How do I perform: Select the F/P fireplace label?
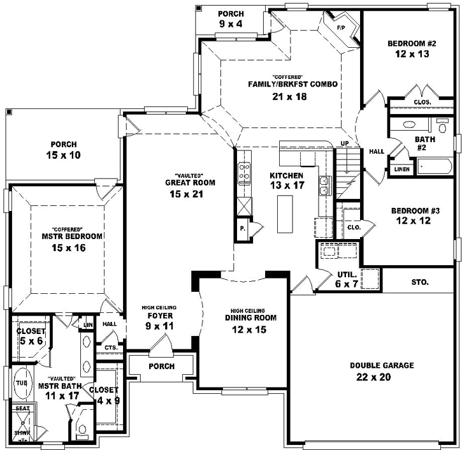[x=340, y=28]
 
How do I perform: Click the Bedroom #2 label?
[x=411, y=44]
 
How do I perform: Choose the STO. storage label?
[x=420, y=281]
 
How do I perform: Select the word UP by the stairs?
[x=345, y=143]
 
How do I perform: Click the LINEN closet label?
[x=401, y=169]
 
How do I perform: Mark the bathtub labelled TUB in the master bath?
[x=20, y=382]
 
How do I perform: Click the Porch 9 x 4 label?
[x=230, y=18]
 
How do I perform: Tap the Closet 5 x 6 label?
[x=31, y=336]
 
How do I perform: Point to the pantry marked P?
[x=243, y=229]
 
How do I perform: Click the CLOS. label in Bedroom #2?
[x=422, y=102]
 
